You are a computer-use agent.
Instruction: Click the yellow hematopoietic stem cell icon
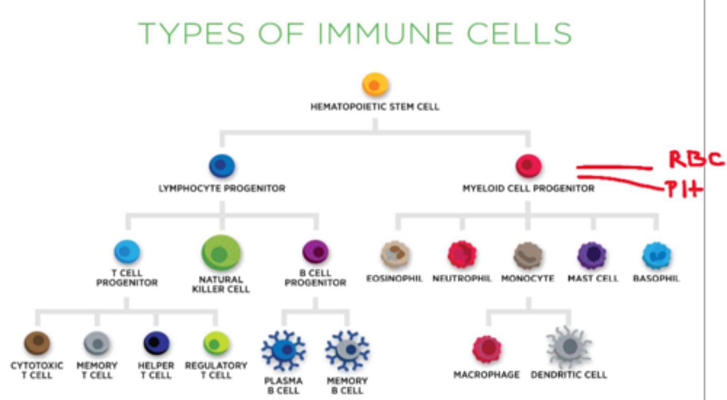(375, 85)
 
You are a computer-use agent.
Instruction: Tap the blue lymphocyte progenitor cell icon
(222, 166)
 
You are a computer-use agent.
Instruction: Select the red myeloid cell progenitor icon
(528, 166)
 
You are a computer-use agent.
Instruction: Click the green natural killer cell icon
(221, 253)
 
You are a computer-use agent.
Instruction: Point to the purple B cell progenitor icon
(315, 252)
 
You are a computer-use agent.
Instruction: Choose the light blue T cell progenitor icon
(127, 252)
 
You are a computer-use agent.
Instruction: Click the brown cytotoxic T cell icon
(37, 343)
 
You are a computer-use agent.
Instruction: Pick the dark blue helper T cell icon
(156, 343)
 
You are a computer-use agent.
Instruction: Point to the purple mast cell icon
(592, 255)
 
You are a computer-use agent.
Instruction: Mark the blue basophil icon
(656, 256)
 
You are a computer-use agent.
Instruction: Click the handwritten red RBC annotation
(696, 159)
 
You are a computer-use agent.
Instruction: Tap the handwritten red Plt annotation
(685, 190)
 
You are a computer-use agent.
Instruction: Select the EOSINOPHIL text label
(394, 279)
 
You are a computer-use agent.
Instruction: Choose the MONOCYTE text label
(528, 279)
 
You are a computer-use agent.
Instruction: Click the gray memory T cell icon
(96, 344)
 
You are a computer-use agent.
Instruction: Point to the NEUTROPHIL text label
(461, 279)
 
